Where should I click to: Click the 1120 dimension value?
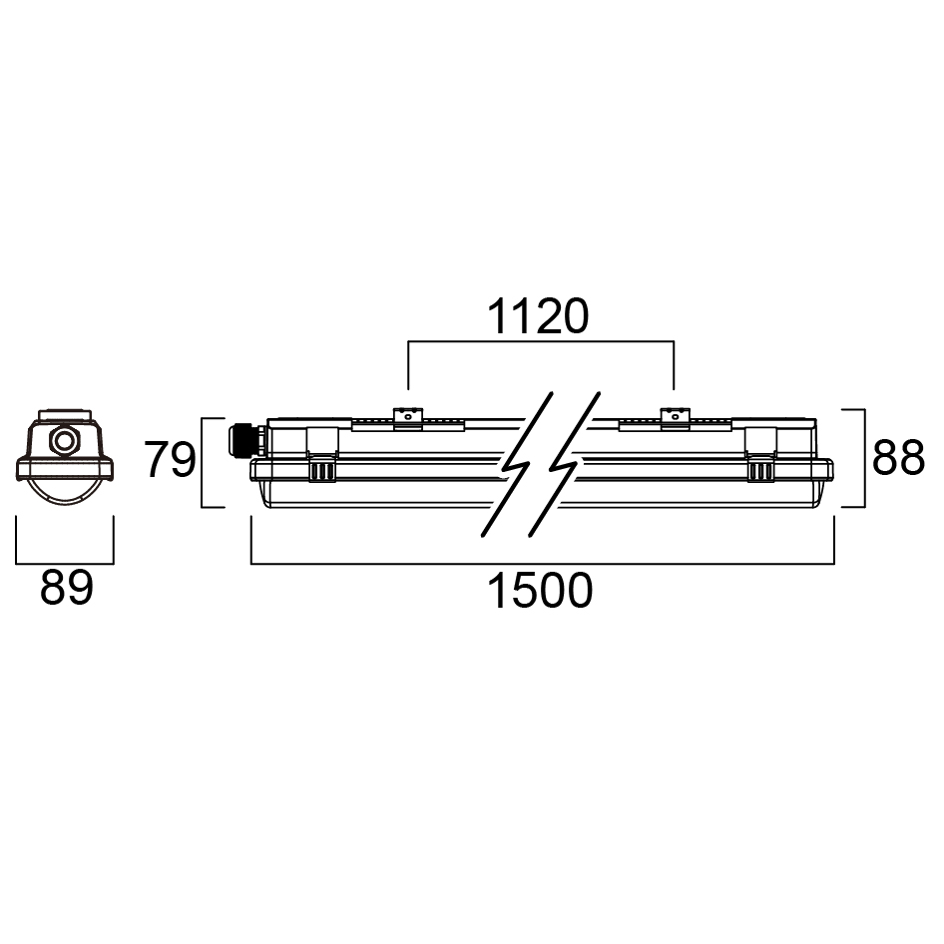pyautogui.click(x=539, y=317)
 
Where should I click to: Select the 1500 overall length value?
pyautogui.click(x=540, y=592)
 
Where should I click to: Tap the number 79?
pyautogui.click(x=170, y=461)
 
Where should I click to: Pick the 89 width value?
pyautogui.click(x=66, y=589)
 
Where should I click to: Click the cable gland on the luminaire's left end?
pyautogui.click(x=242, y=438)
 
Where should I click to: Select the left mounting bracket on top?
pyautogui.click(x=406, y=418)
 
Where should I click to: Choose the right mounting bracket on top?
pyautogui.click(x=675, y=418)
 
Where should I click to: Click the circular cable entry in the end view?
pyautogui.click(x=66, y=439)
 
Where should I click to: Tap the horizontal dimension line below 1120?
pyautogui.click(x=540, y=342)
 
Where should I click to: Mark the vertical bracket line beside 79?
pyautogui.click(x=203, y=462)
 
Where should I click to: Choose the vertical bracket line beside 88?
pyautogui.click(x=862, y=458)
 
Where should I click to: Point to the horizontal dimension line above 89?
pyautogui.click(x=66, y=561)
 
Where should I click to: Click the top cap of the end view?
pyautogui.click(x=66, y=414)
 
